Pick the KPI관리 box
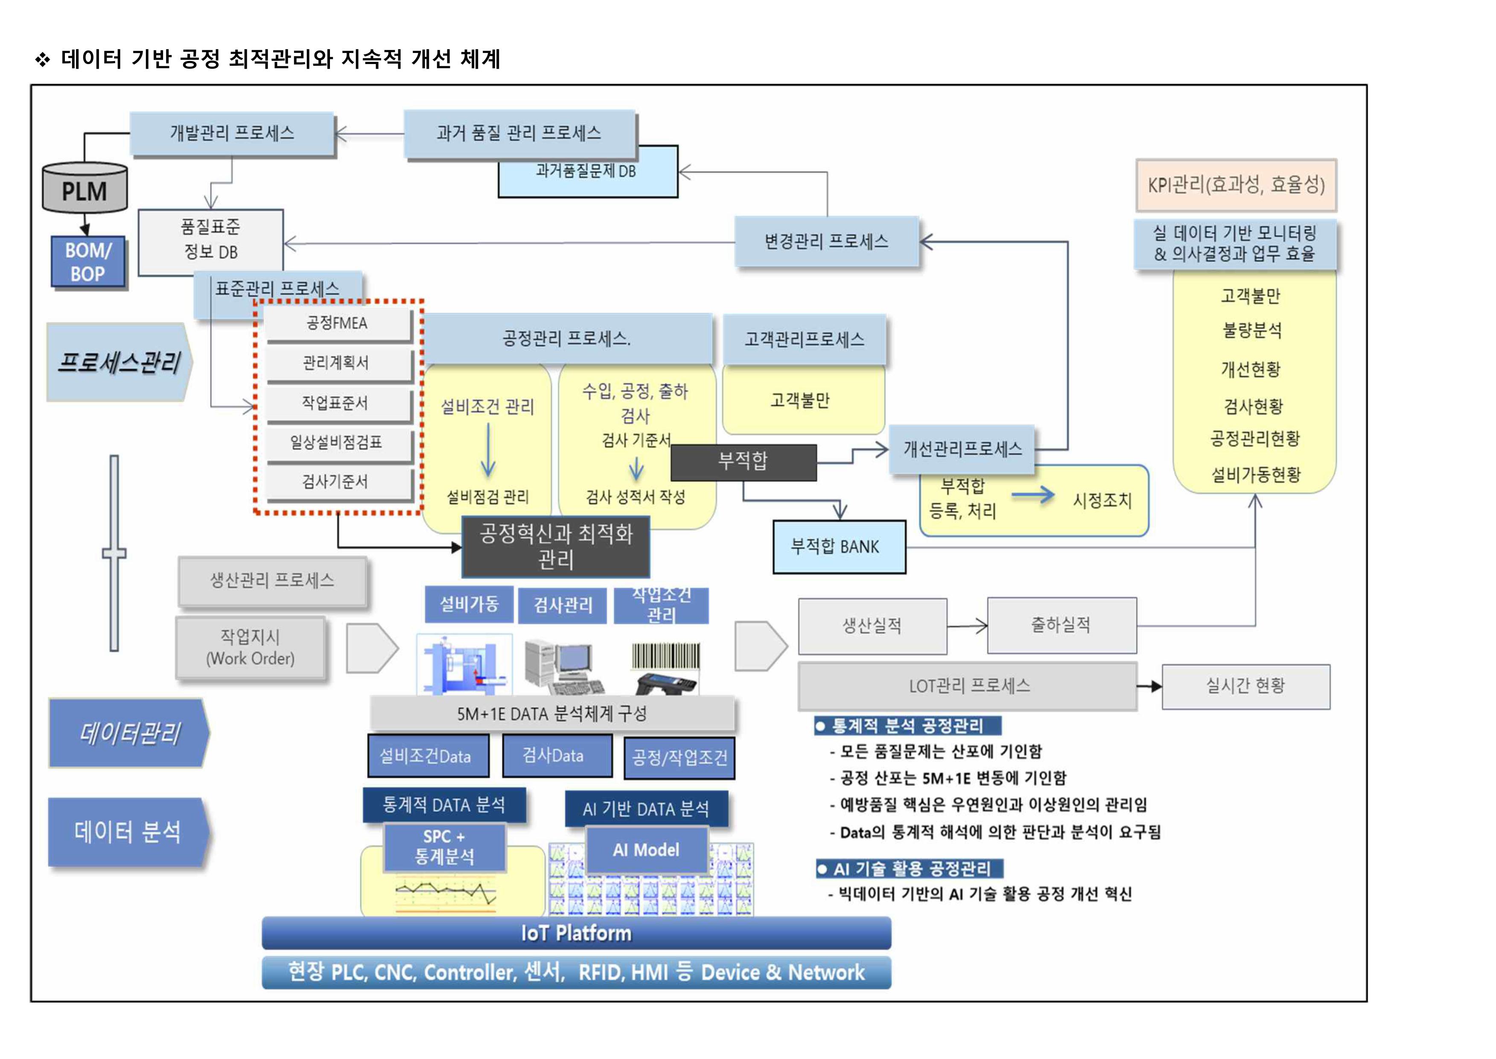pos(1236,185)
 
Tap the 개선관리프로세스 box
pos(962,449)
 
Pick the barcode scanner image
pos(665,668)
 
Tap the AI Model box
pos(646,850)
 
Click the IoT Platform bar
pos(576,933)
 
